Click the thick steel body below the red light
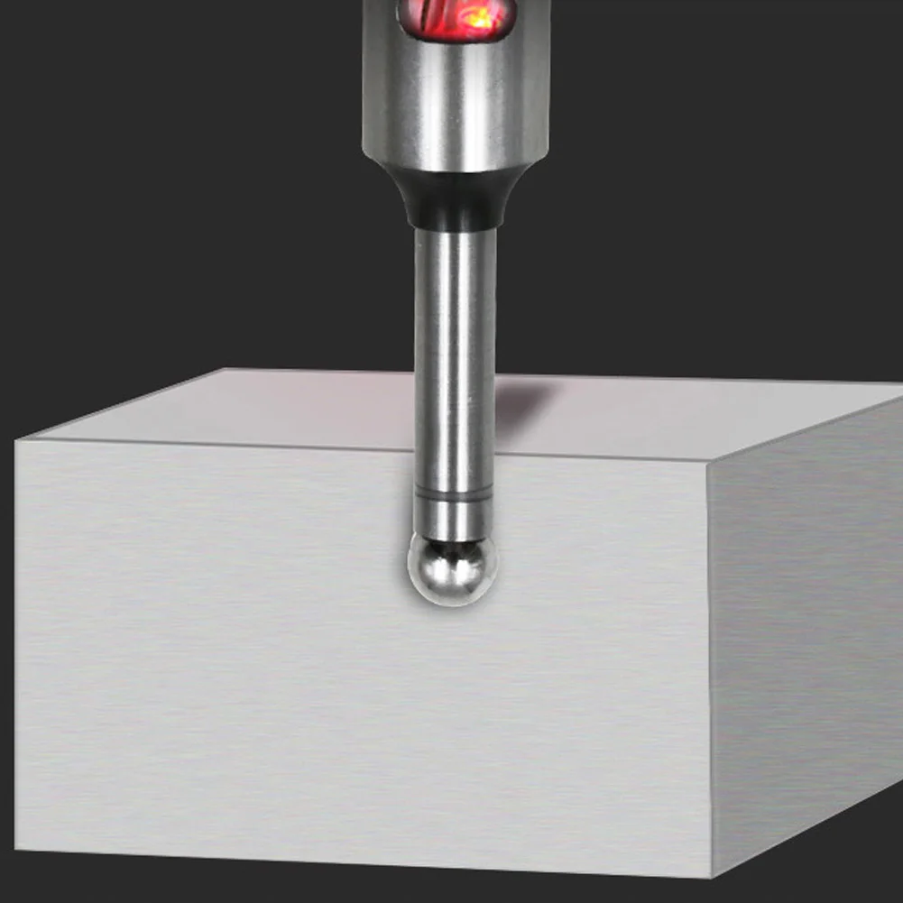(456, 108)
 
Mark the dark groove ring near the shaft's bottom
(454, 493)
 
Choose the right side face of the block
(803, 631)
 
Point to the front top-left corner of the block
(17, 440)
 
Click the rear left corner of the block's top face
(225, 369)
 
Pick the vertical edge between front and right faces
(710, 668)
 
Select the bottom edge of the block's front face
(361, 862)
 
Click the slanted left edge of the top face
(121, 404)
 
